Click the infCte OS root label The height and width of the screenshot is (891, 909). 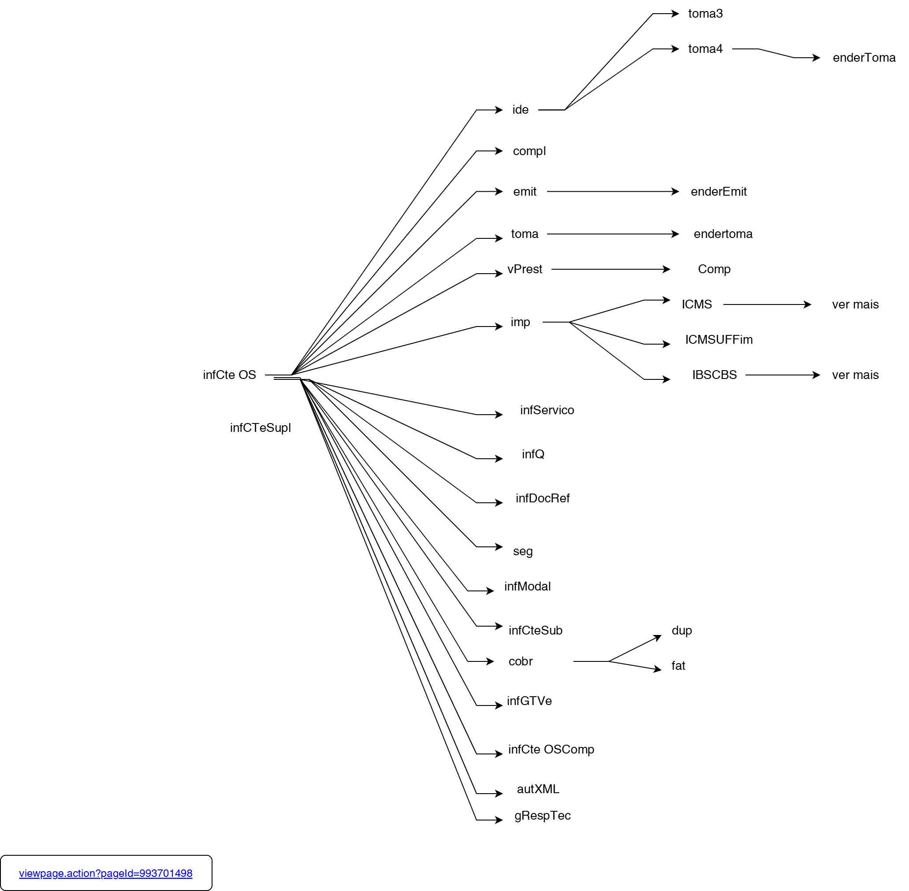point(229,375)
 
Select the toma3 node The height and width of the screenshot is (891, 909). point(705,14)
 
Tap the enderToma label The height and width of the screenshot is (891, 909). point(864,58)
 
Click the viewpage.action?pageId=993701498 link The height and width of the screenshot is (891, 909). point(106,873)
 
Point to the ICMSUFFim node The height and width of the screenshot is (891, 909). point(719,339)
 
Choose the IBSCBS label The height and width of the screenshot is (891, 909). point(714,375)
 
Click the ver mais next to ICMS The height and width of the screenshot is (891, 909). point(855,304)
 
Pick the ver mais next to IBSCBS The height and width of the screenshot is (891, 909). point(855,375)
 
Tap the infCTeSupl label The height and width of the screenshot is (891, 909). point(260,428)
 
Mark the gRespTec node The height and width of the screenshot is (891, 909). point(542,816)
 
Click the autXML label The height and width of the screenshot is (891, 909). point(538,789)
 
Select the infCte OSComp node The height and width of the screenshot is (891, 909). point(551,749)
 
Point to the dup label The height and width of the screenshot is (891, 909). point(681,630)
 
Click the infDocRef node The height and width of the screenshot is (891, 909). point(542,498)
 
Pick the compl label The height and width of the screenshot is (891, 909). point(529,151)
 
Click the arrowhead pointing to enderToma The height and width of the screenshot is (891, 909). point(816,58)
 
